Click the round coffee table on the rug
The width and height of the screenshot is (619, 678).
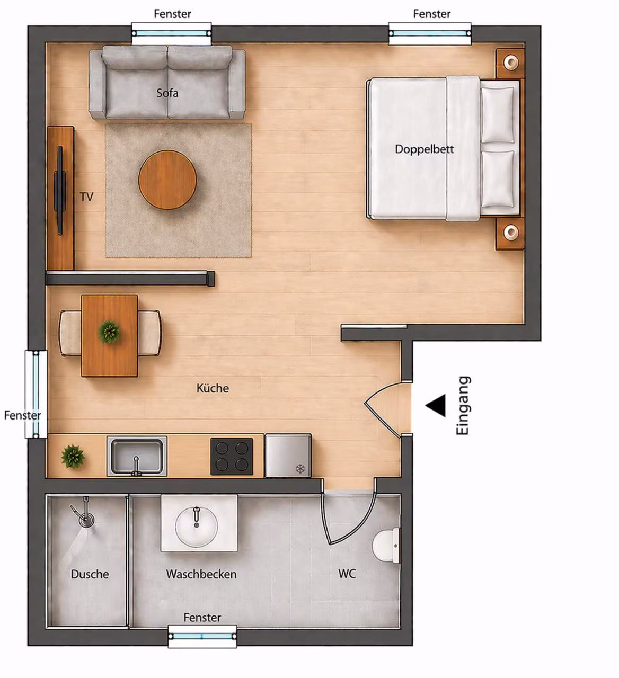(167, 180)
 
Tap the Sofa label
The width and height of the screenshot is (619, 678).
(167, 93)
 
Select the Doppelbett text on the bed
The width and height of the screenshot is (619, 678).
(424, 149)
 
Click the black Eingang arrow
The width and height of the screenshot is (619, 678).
(436, 405)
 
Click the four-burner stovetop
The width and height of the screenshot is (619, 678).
(232, 456)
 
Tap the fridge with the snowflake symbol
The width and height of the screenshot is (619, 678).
(288, 456)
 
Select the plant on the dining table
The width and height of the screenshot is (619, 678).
(109, 332)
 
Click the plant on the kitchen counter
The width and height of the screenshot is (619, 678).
(73, 457)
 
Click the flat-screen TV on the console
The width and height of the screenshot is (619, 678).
(60, 190)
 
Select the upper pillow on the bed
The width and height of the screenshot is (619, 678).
(497, 114)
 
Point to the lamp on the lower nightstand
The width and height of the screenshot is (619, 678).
(511, 231)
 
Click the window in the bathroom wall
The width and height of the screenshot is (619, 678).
(202, 636)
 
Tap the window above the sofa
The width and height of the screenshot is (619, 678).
(171, 33)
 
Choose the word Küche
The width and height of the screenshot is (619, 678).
(213, 388)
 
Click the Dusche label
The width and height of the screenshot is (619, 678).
(90, 574)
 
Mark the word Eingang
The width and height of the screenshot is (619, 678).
(463, 405)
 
